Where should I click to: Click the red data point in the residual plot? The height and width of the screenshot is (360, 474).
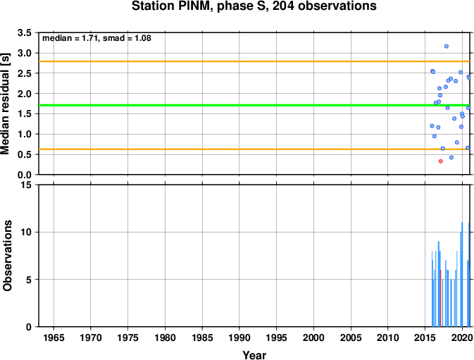[x=440, y=161]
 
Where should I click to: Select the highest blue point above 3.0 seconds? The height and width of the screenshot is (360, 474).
[x=447, y=46]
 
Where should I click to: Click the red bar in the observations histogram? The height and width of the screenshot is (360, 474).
[x=441, y=298]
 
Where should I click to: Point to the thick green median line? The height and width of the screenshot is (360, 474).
[x=254, y=105]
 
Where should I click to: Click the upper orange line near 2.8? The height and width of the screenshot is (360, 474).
[x=254, y=61]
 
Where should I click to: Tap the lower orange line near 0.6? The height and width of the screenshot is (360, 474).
[x=254, y=149]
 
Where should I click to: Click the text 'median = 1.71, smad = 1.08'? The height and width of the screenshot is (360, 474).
[x=96, y=38]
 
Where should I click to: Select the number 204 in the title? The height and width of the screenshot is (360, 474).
[x=283, y=6]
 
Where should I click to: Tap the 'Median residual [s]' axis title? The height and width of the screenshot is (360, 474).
[x=6, y=104]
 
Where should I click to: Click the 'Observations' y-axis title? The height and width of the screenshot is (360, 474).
[x=7, y=256]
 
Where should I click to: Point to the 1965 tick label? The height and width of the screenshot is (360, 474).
[x=54, y=337]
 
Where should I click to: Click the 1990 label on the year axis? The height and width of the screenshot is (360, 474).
[x=239, y=337]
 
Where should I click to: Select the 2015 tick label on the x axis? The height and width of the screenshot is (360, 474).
[x=425, y=337]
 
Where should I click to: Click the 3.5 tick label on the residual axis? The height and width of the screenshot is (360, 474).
[x=25, y=32]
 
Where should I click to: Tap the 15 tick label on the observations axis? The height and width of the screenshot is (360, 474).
[x=27, y=185]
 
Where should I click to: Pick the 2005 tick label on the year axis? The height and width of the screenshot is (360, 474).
[x=351, y=337]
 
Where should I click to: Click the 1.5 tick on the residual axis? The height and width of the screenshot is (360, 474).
[x=25, y=114]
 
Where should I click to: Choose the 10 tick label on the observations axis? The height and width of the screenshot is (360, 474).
[x=27, y=232]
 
